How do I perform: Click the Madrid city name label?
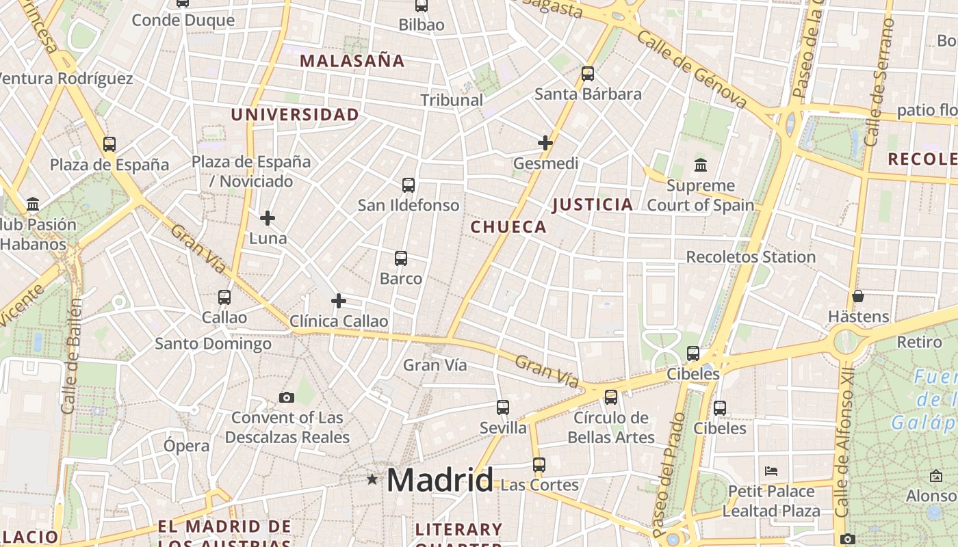tap(439, 480)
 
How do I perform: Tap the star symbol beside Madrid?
tap(372, 479)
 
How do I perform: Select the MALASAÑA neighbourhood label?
tap(352, 60)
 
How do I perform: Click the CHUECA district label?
tap(508, 227)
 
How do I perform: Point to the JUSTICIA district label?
tap(593, 204)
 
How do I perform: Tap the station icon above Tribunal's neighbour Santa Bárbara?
tap(587, 74)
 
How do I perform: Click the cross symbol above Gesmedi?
tap(545, 143)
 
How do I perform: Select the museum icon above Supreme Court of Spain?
tap(701, 165)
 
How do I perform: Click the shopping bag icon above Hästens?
tap(858, 296)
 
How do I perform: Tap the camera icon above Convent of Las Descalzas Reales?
tap(287, 397)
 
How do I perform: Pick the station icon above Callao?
tap(224, 297)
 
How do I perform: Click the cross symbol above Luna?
tap(268, 218)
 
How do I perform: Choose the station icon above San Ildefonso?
tap(409, 185)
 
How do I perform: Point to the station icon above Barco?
tap(401, 258)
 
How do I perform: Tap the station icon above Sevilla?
tap(503, 408)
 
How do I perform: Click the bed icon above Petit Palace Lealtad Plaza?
tap(771, 471)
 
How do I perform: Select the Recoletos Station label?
tap(751, 257)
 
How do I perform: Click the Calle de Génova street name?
tap(691, 68)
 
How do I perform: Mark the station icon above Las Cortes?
tap(539, 465)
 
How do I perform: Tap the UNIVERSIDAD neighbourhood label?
tap(295, 114)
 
